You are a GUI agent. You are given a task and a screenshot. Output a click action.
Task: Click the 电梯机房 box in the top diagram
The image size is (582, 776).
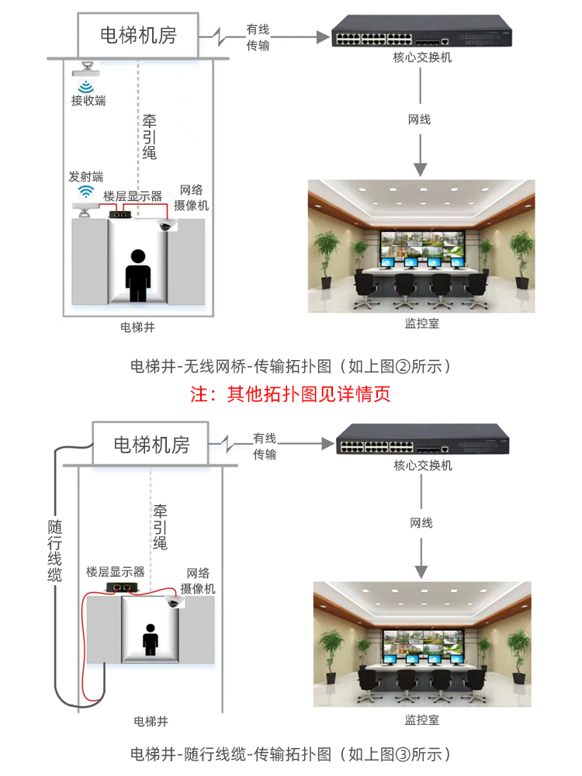click(x=138, y=35)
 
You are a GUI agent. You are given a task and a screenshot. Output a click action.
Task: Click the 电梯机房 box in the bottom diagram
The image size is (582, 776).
click(x=151, y=444)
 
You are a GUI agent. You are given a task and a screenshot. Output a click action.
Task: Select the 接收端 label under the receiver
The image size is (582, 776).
click(x=88, y=100)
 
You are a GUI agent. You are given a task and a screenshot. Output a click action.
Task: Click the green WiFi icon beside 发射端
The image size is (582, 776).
click(x=85, y=192)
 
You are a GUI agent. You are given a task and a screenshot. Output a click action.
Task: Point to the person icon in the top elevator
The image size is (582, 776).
click(x=138, y=275)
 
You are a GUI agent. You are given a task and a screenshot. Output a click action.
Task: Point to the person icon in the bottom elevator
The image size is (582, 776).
click(x=150, y=640)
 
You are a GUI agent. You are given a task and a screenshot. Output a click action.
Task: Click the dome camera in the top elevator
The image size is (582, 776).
click(x=165, y=224)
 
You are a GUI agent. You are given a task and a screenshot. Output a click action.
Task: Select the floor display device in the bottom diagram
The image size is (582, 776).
click(x=124, y=587)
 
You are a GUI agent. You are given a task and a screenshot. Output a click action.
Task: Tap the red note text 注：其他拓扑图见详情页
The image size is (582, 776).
click(x=290, y=393)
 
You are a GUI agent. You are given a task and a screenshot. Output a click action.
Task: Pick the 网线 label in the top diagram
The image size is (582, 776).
click(x=419, y=119)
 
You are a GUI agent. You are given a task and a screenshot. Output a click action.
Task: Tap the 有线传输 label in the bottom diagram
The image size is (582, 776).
click(x=265, y=446)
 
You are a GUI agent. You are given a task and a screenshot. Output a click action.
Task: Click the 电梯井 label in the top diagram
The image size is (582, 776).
click(x=138, y=327)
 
